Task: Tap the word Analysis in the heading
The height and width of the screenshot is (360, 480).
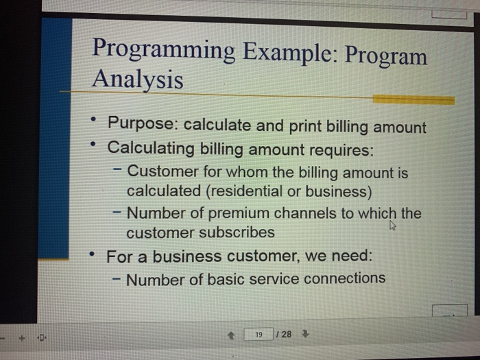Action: click(x=138, y=80)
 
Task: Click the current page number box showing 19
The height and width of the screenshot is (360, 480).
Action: click(x=259, y=335)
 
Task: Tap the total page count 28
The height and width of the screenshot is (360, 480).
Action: click(x=285, y=335)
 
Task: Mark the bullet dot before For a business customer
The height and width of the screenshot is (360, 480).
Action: click(x=91, y=255)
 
